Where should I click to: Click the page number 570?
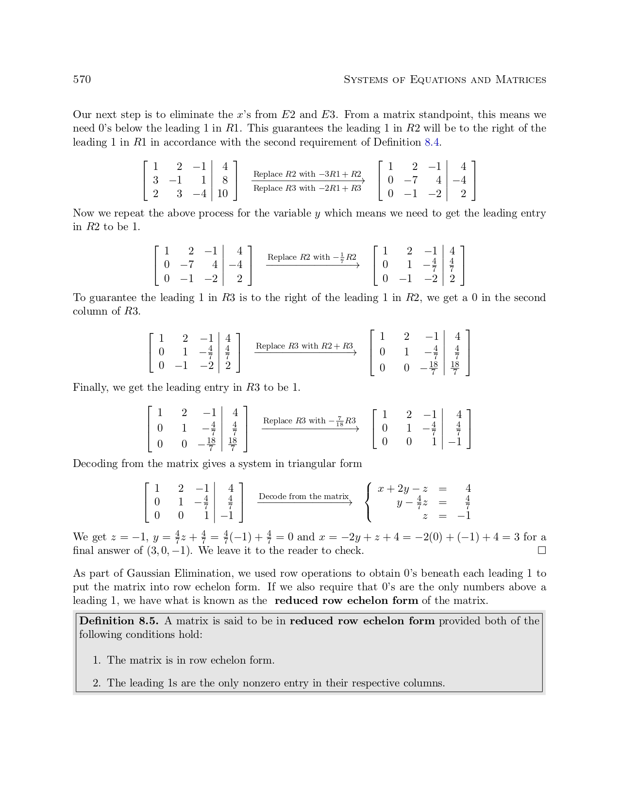82,80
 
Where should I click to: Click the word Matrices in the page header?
520,80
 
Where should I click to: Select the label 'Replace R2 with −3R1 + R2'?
307,174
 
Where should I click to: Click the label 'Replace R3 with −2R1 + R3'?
307,188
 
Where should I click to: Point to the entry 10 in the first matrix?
222,194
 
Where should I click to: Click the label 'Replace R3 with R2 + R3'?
304,346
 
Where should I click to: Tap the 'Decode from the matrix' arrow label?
303,496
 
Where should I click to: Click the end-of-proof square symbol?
542,551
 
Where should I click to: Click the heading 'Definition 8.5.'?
120,621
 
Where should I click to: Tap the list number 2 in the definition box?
96,683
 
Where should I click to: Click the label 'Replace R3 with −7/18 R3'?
309,421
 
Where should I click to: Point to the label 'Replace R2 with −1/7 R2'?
312,257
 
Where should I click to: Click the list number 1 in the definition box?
96,660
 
